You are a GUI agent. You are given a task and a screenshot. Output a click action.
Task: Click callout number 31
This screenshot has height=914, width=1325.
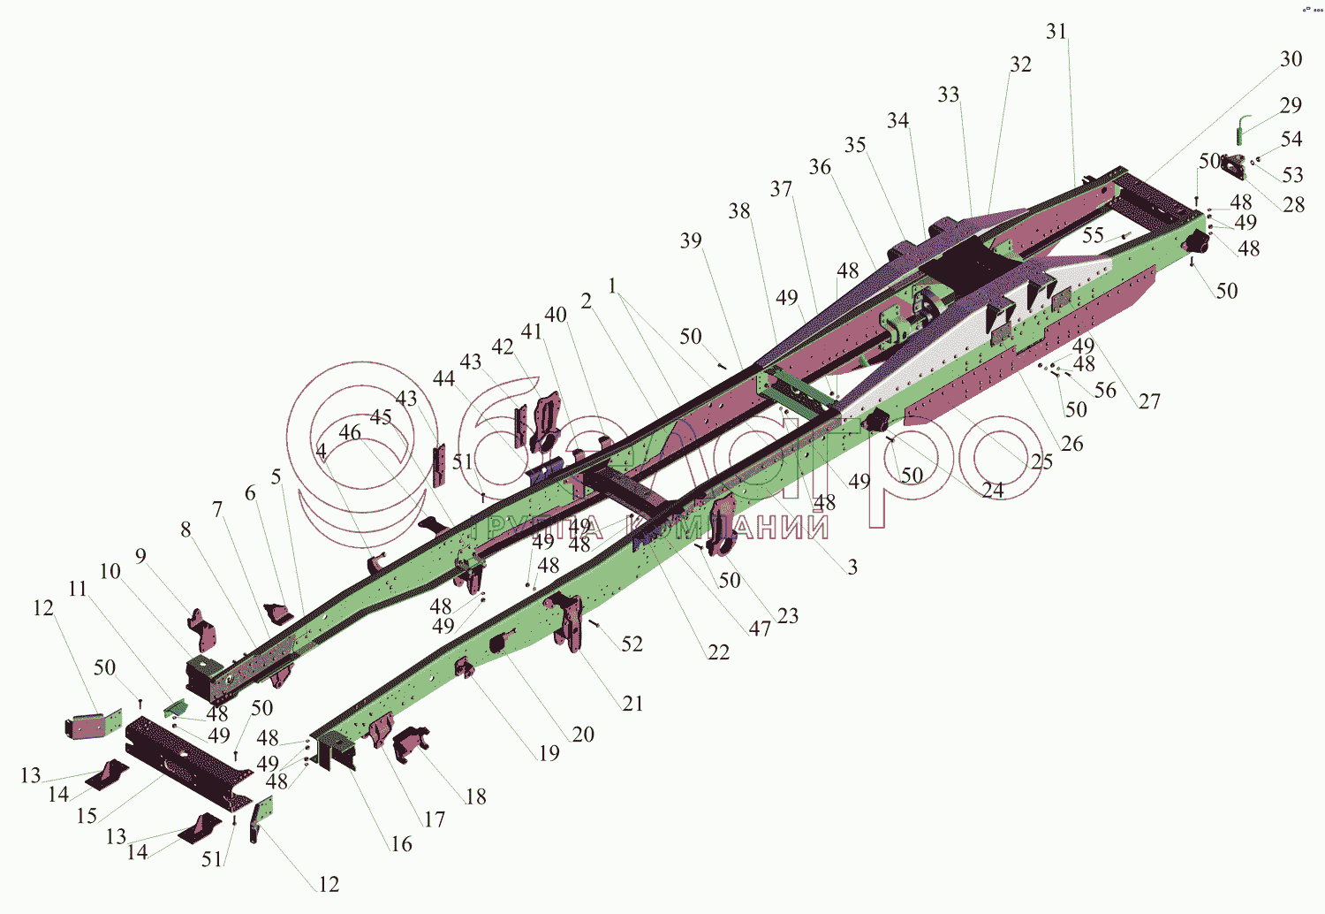(1056, 32)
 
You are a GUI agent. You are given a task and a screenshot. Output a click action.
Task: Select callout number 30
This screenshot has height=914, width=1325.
(1291, 59)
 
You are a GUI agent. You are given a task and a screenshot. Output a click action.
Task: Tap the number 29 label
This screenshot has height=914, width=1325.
(1291, 105)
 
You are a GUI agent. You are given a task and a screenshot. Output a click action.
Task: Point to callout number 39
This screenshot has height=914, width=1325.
(691, 240)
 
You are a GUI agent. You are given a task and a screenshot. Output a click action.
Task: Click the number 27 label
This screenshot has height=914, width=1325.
(1148, 401)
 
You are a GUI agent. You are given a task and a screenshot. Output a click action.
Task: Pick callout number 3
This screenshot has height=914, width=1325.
(852, 567)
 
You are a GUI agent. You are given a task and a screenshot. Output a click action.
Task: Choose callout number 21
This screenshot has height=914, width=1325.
(632, 704)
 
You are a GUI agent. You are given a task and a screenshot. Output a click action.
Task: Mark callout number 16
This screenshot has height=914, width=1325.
(401, 844)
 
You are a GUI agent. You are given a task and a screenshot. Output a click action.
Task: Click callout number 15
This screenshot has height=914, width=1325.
(87, 815)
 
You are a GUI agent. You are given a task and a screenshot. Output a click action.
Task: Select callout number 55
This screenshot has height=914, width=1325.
(1093, 235)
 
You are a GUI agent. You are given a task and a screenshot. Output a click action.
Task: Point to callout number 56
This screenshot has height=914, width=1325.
(1105, 390)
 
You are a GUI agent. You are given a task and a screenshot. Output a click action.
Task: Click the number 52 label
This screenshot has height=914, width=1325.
(632, 644)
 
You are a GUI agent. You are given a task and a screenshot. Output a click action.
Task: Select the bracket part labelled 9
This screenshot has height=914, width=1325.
(201, 628)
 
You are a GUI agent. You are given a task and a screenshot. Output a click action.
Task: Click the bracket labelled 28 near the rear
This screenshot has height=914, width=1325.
(1236, 168)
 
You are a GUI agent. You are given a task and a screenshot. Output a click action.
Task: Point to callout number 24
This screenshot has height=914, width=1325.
(993, 489)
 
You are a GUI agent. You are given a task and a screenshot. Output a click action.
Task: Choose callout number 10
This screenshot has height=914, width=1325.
(110, 571)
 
